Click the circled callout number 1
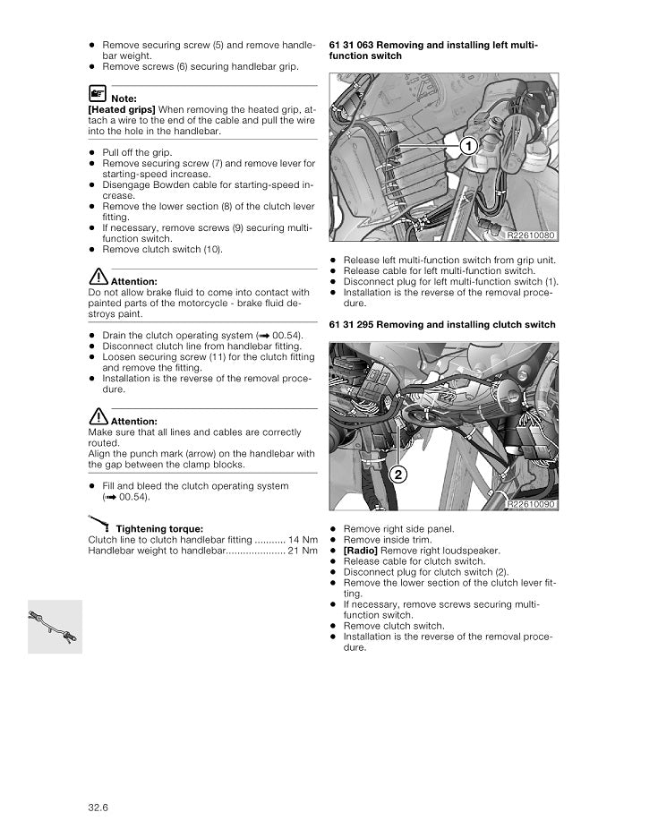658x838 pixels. (466, 146)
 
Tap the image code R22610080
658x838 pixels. (531, 235)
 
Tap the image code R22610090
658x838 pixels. (531, 505)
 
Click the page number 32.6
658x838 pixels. (98, 808)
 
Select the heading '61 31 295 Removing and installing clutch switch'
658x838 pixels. (442, 325)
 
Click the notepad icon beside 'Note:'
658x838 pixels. (98, 92)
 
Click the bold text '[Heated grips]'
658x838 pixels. (122, 109)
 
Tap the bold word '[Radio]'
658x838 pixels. (361, 551)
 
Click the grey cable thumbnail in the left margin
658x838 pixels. (55, 626)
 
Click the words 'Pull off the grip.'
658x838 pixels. (137, 153)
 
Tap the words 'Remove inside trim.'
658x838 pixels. (387, 540)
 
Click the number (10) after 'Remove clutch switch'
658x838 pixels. (211, 250)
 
